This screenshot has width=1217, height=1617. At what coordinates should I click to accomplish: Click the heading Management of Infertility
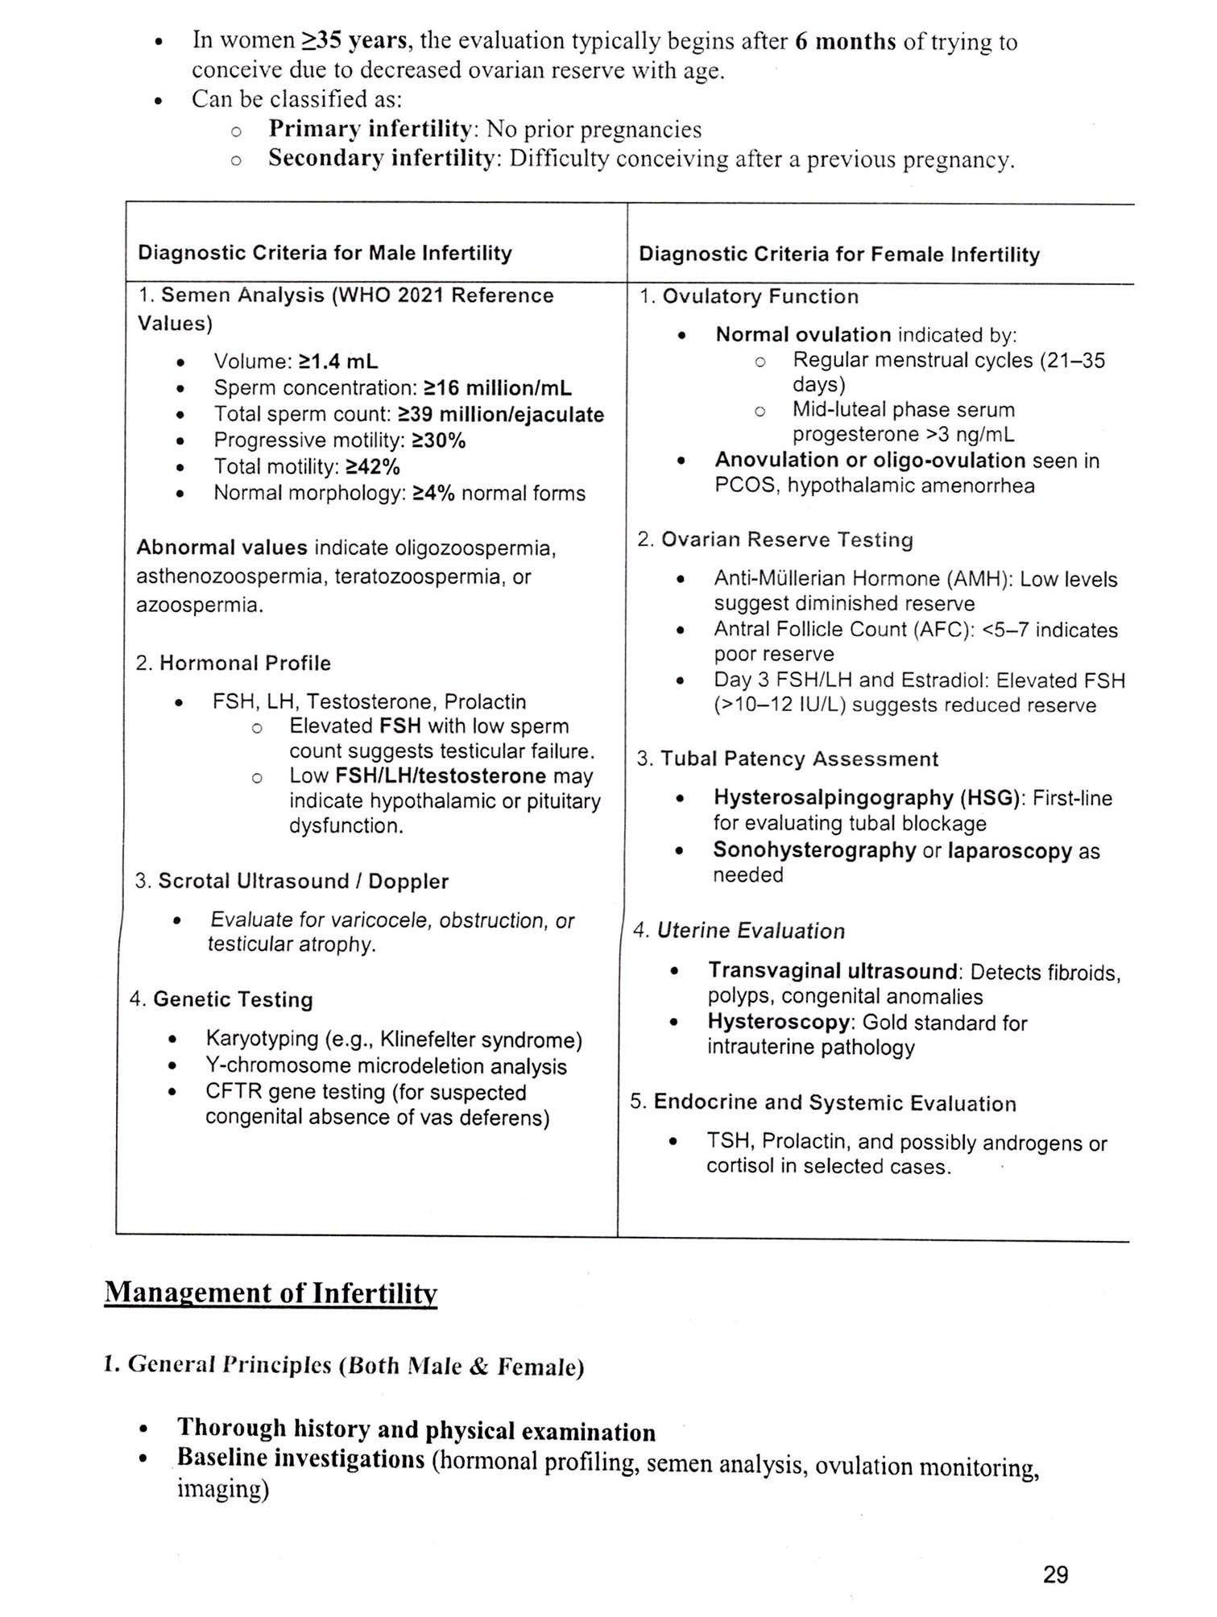tap(271, 1292)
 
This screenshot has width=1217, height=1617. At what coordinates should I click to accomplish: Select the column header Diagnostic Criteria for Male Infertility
tap(325, 253)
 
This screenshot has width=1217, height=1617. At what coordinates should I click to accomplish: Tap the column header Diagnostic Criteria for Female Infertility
tap(838, 254)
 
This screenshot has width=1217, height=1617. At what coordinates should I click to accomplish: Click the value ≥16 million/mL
tap(498, 388)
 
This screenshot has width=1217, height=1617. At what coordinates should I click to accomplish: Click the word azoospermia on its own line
tap(200, 605)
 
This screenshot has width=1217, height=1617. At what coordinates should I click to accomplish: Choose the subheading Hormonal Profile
tap(245, 663)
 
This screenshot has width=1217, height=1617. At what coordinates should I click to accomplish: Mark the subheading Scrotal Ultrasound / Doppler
tap(303, 881)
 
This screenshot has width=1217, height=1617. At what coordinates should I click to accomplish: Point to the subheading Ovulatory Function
tap(760, 296)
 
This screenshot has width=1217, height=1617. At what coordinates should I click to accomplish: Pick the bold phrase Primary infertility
tap(370, 129)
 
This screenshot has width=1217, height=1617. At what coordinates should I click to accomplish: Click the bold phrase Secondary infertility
tap(381, 159)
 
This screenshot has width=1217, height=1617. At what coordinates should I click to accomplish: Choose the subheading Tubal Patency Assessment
tap(799, 759)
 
